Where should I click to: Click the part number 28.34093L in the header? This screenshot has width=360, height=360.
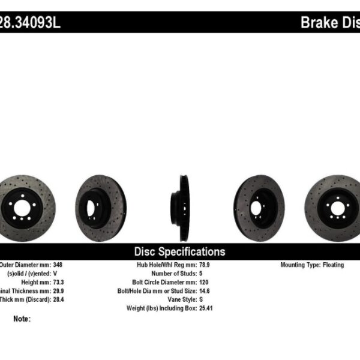[30, 23]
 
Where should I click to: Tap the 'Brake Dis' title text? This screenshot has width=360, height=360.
[329, 23]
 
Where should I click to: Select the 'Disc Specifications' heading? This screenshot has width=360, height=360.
[179, 251]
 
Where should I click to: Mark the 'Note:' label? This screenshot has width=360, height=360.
[22, 319]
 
